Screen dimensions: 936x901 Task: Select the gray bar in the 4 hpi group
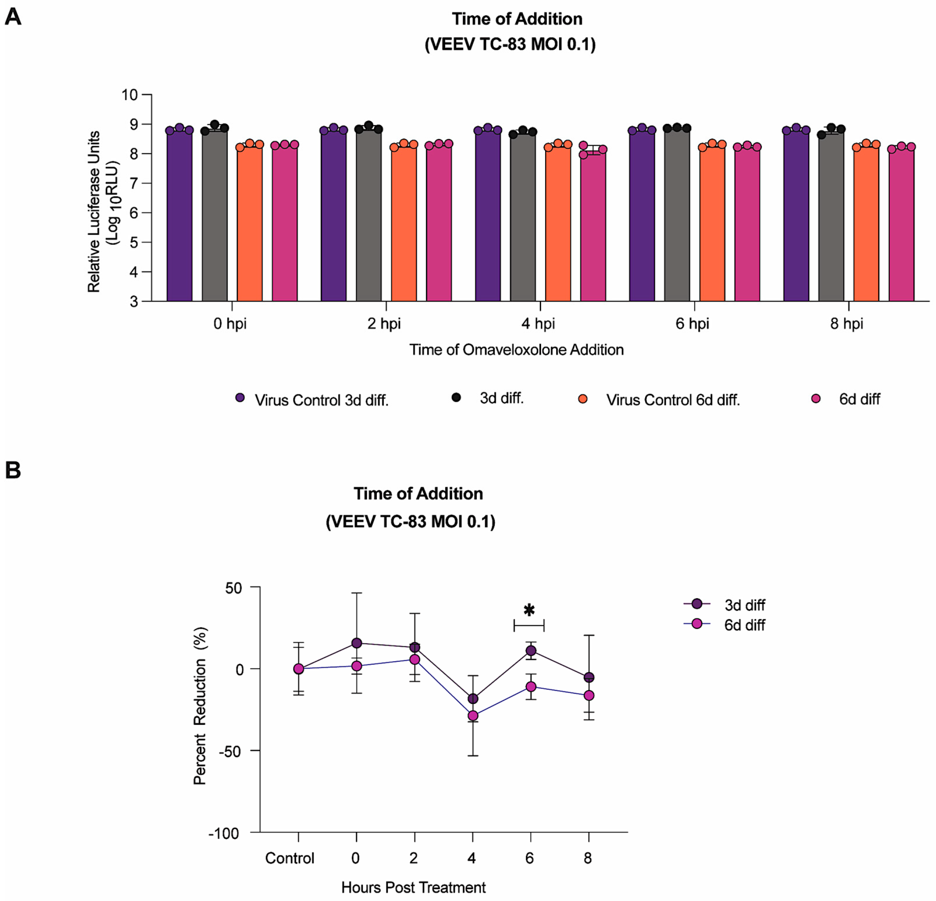pyautogui.click(x=523, y=217)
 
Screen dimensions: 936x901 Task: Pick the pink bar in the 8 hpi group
pyautogui.click(x=901, y=225)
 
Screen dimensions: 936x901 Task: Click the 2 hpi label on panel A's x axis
pyautogui.click(x=384, y=324)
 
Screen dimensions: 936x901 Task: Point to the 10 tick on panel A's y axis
pyautogui.click(x=130, y=95)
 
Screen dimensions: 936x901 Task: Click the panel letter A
pyautogui.click(x=13, y=17)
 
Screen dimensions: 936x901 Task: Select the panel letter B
pyautogui.click(x=13, y=470)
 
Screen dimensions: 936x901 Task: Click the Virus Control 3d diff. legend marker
pyautogui.click(x=240, y=398)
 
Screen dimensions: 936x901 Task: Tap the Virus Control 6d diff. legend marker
pyautogui.click(x=583, y=399)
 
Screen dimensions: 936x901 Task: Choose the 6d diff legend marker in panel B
pyautogui.click(x=697, y=624)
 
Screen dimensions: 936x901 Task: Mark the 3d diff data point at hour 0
pyautogui.click(x=357, y=643)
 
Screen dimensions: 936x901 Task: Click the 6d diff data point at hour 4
pyautogui.click(x=473, y=716)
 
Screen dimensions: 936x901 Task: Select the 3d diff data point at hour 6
pyautogui.click(x=531, y=651)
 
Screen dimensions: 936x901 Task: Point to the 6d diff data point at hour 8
pyautogui.click(x=589, y=696)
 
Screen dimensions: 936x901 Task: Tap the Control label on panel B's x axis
pyautogui.click(x=290, y=859)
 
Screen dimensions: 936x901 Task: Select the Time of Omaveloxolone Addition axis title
pyautogui.click(x=516, y=350)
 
